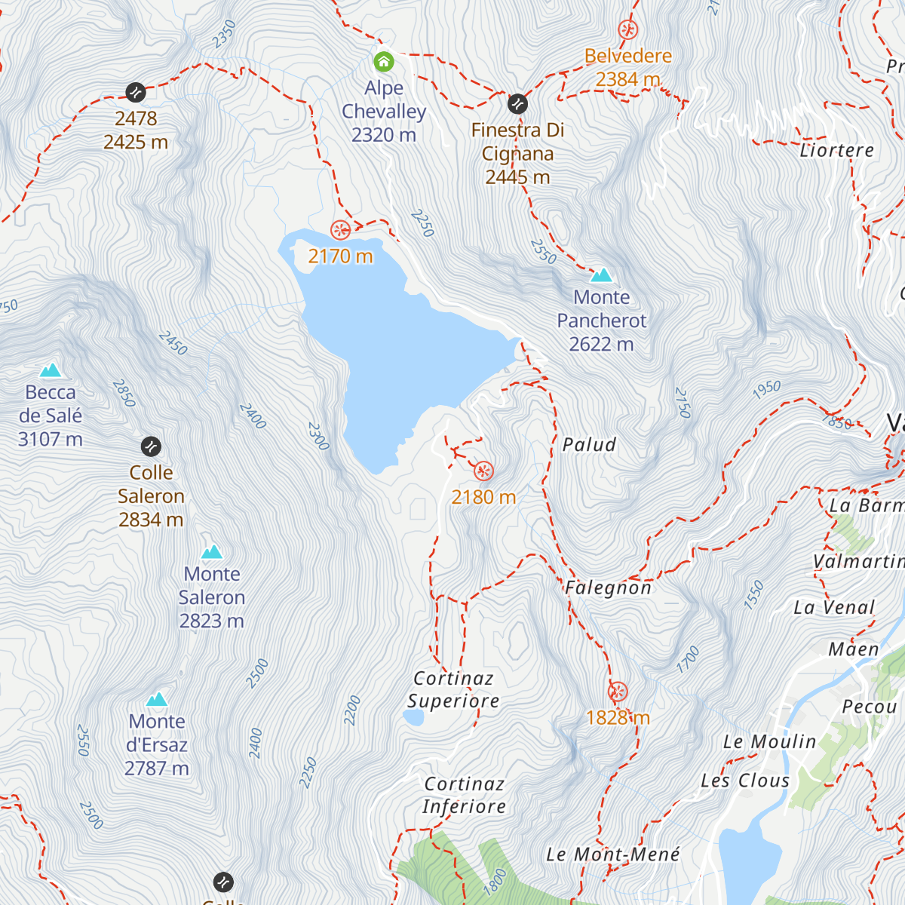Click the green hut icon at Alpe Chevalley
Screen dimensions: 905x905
(x=384, y=61)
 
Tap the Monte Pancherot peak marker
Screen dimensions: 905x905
(x=601, y=275)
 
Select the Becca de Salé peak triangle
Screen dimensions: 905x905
(x=51, y=370)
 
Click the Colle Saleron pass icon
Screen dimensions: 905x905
(x=151, y=446)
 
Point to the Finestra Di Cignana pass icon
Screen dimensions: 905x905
(x=517, y=103)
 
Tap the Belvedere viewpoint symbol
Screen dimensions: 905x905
(x=627, y=30)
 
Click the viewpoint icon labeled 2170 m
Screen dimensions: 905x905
(x=340, y=229)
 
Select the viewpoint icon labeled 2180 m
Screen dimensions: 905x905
(x=483, y=471)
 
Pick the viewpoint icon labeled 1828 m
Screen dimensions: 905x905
(x=618, y=692)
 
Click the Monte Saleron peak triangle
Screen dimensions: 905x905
(x=212, y=552)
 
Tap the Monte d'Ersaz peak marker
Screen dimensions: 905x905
(x=157, y=700)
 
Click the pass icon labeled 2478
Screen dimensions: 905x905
(x=136, y=92)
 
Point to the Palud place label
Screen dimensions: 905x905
(x=589, y=445)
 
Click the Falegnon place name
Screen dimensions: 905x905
(x=608, y=588)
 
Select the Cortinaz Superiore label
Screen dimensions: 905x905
(x=453, y=690)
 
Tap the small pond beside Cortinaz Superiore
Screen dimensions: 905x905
(x=413, y=717)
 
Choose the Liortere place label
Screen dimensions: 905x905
(x=836, y=150)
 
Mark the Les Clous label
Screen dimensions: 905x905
(x=745, y=781)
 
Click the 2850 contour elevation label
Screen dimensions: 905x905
(x=124, y=393)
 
